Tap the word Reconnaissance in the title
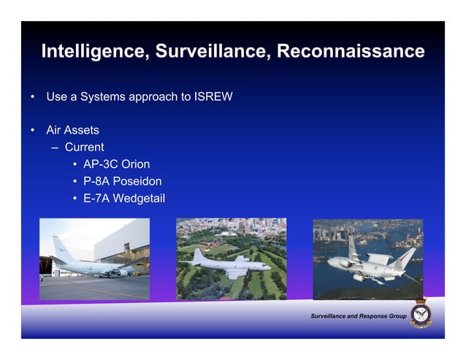[351, 51]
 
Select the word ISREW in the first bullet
[213, 96]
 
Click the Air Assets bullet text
[72, 130]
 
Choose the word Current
[84, 147]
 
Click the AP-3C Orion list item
[116, 164]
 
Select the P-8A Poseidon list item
[122, 181]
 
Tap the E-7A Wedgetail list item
[123, 198]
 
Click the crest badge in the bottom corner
[421, 313]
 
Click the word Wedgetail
[140, 198]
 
